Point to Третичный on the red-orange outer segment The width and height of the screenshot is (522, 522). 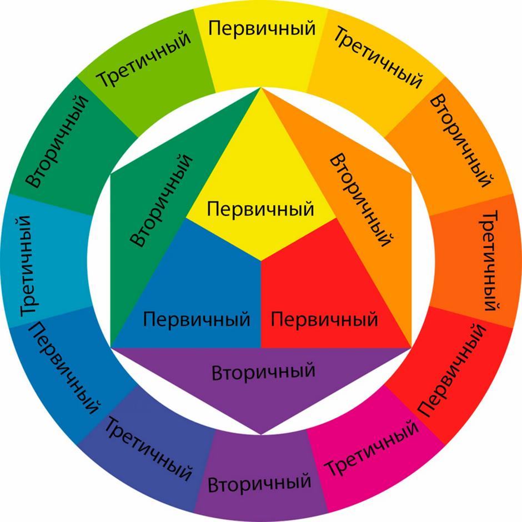tap(489, 260)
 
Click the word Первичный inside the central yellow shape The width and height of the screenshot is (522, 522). tap(260, 209)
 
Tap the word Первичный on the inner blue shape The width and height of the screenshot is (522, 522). tap(197, 319)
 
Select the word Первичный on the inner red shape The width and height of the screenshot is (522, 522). tap(324, 319)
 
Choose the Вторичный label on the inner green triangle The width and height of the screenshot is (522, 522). tap(162, 200)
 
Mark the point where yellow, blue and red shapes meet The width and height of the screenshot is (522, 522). tap(261, 260)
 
